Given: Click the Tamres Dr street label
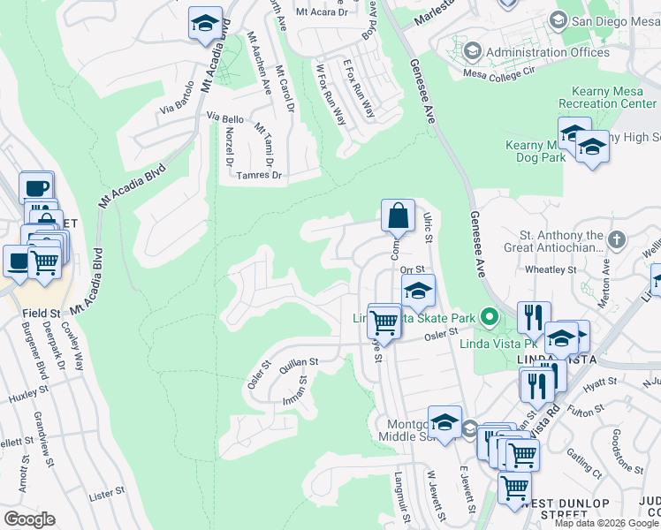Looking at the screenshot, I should click(259, 176).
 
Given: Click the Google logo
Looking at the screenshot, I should click(29, 519).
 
